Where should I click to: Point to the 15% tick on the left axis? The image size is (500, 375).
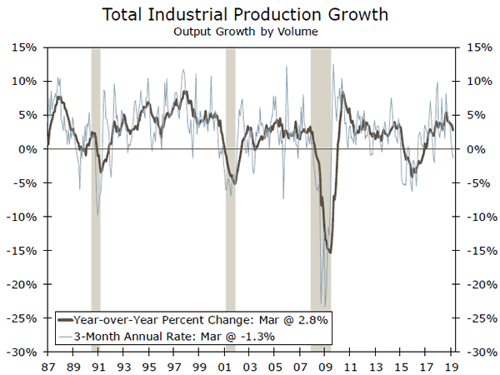coord(23,47)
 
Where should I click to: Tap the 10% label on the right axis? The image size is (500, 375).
coord(475,82)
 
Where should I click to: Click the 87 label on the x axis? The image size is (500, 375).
coord(47,365)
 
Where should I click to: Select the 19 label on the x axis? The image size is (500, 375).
coord(451,365)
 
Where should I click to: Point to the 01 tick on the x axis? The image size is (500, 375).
coord(224,365)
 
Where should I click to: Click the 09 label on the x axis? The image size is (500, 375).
coord(325,365)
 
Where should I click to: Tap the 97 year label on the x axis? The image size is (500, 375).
coord(173,365)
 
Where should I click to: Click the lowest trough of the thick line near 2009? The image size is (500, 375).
coord(330,252)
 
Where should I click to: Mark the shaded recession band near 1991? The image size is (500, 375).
coord(96,200)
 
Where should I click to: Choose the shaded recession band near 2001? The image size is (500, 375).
coord(231,200)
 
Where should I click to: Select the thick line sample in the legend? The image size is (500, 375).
coord(65,319)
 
